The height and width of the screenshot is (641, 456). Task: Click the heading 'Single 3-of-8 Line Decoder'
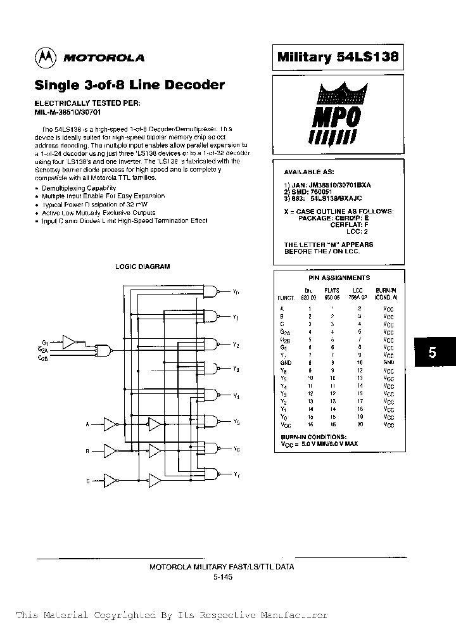(x=129, y=85)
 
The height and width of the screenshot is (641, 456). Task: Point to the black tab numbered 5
(x=433, y=353)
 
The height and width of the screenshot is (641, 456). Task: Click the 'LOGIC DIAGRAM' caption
(x=142, y=267)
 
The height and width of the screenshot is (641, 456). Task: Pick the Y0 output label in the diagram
(x=236, y=293)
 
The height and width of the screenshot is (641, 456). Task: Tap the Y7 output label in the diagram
(x=236, y=474)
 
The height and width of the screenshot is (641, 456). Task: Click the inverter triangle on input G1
(x=70, y=341)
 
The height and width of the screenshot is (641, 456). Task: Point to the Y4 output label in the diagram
(x=236, y=397)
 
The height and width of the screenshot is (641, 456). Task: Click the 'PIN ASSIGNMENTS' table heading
(x=338, y=277)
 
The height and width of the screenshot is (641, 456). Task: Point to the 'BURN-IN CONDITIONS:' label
(x=314, y=437)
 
